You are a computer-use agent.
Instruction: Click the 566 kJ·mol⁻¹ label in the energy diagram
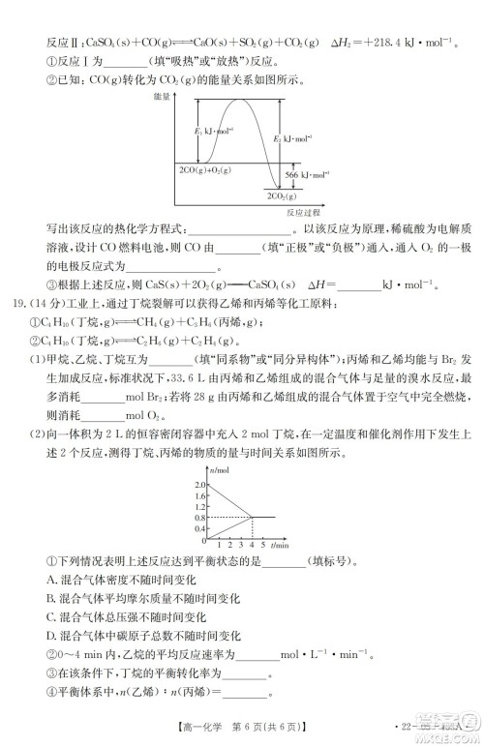[x=316, y=174]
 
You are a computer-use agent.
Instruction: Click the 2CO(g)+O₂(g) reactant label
[x=204, y=169]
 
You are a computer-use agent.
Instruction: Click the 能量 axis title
[x=162, y=97]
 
